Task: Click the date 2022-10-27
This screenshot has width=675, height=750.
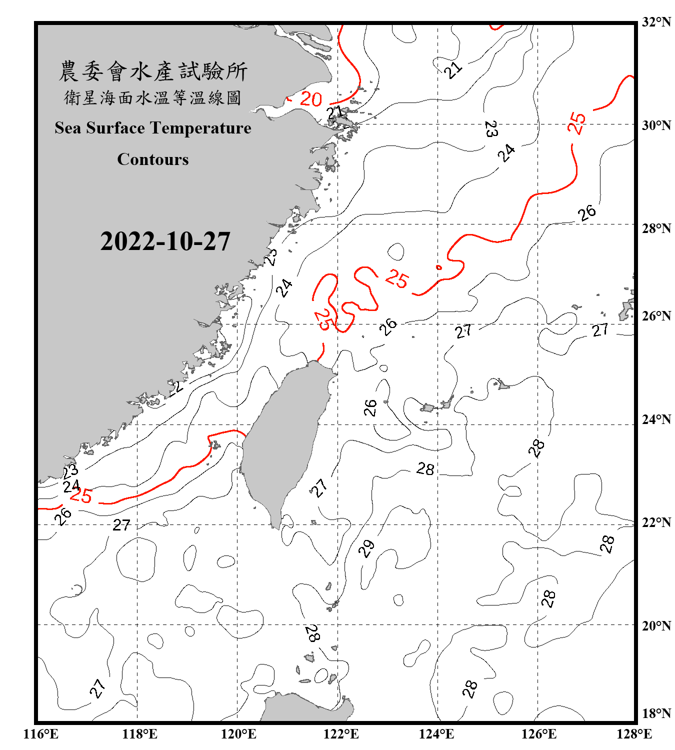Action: tap(165, 241)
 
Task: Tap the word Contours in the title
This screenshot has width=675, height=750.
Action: tap(153, 159)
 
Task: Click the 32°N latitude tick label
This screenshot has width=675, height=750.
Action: tap(656, 22)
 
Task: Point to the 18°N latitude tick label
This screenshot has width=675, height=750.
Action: tap(656, 713)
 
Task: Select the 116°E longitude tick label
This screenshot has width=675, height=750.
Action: tap(40, 734)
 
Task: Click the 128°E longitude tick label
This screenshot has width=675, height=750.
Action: tap(634, 734)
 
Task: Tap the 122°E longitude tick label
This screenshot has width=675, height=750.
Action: tap(341, 734)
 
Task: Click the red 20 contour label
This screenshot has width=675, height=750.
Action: tap(310, 99)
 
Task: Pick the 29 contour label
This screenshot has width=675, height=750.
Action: tap(366, 548)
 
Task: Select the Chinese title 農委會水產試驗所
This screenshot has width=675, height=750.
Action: tap(153, 71)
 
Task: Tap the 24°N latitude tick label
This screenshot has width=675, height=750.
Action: tap(656, 419)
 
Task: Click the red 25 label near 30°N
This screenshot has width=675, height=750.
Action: tap(576, 122)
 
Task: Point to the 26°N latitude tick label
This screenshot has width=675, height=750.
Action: tap(656, 316)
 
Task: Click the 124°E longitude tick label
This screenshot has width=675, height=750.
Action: tap(436, 734)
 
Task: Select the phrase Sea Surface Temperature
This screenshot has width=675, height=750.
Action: tap(153, 128)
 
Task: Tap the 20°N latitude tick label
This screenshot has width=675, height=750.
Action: tap(656, 625)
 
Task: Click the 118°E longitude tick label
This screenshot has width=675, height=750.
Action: tap(139, 734)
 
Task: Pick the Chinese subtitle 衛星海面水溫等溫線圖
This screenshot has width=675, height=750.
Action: tap(153, 97)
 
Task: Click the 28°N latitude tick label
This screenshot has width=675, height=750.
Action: tap(656, 228)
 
